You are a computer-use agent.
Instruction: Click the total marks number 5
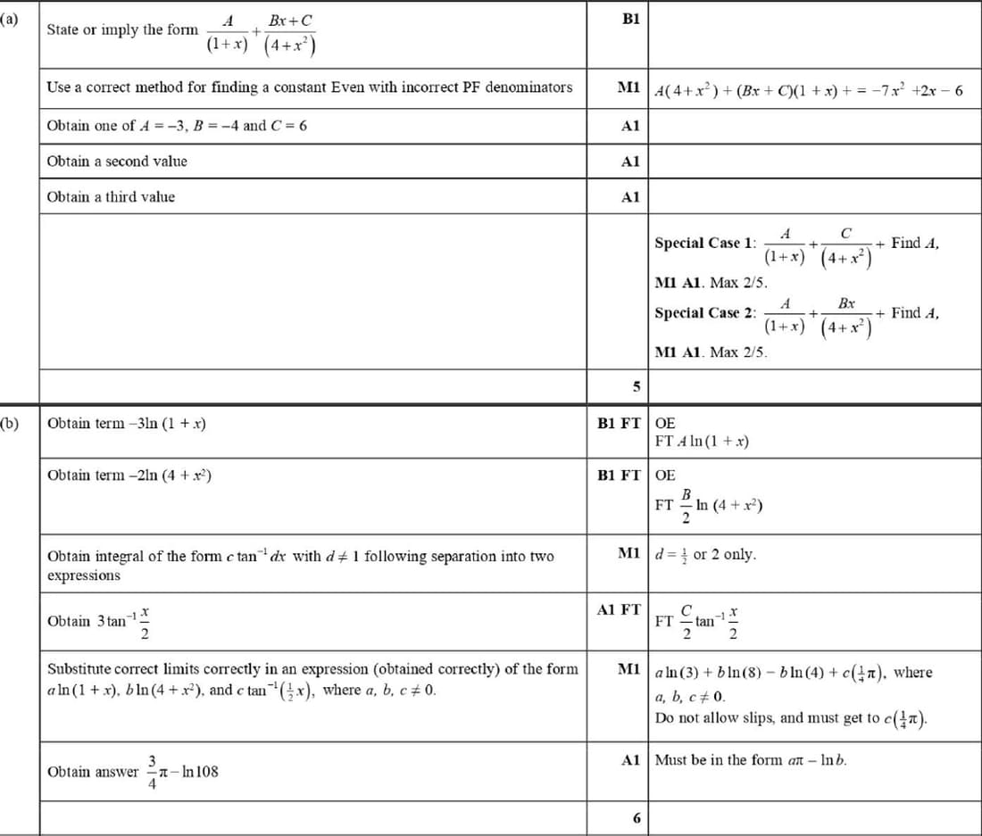tap(636, 387)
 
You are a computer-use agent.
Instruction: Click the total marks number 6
tap(636, 818)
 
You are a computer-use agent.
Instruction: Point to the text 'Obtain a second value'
tap(117, 161)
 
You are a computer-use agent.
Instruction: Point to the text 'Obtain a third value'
tap(111, 197)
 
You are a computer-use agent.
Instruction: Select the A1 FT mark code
tap(618, 609)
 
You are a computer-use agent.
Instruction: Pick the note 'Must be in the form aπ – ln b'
tap(752, 761)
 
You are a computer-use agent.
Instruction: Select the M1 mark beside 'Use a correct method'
tap(628, 87)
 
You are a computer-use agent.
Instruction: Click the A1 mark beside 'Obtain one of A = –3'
tap(630, 126)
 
